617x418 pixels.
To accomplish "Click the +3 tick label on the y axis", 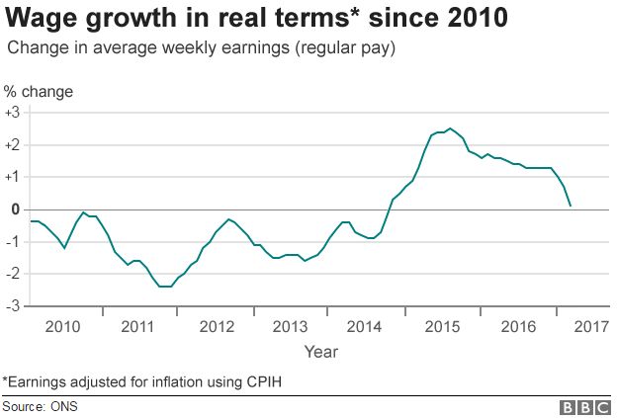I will [12, 113].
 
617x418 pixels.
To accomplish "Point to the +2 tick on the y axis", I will [12, 145].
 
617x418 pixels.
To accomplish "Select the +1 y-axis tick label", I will [12, 177].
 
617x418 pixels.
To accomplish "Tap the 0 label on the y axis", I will [15, 209].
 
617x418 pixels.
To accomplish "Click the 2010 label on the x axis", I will [62, 326].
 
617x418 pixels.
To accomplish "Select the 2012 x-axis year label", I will [216, 326].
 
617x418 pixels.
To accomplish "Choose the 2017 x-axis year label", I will [590, 326].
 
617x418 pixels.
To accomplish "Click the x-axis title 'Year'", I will [320, 351].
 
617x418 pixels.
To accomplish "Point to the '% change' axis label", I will [39, 92].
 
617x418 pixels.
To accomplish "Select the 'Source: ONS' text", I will [40, 406].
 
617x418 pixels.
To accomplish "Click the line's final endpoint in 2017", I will [571, 206].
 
